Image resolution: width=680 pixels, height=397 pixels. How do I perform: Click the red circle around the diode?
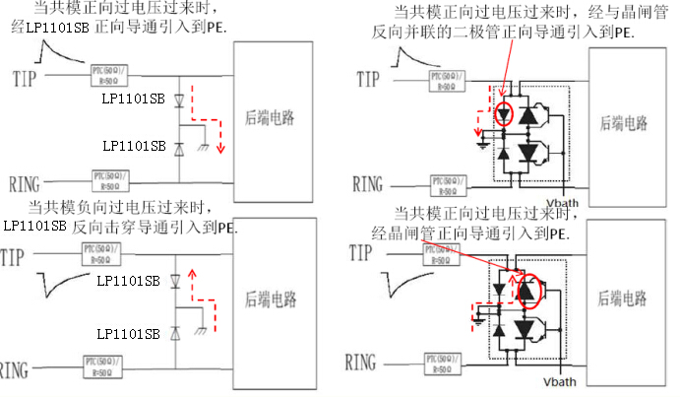click(x=505, y=113)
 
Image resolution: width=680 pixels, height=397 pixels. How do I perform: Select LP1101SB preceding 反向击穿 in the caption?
click(x=35, y=226)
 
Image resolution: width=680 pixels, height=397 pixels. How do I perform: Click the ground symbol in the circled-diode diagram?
click(x=482, y=145)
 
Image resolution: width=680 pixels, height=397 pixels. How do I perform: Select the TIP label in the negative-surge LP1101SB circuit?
click(x=14, y=258)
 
